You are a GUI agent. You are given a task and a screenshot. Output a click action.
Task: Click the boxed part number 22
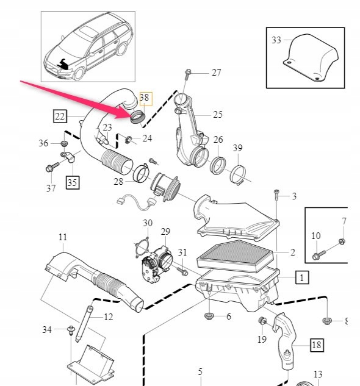[x=60, y=115]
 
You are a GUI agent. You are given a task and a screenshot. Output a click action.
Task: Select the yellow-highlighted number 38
[x=144, y=98]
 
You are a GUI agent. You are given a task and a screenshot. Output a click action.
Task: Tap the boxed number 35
[x=72, y=181]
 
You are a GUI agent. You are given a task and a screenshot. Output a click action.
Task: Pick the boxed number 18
[x=316, y=345]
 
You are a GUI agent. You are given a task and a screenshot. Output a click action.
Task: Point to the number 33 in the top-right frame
[x=276, y=40]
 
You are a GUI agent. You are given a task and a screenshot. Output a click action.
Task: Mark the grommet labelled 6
[x=210, y=316]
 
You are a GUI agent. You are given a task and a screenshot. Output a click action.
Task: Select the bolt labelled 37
[x=51, y=167]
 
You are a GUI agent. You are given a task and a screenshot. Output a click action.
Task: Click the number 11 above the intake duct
[x=63, y=237]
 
